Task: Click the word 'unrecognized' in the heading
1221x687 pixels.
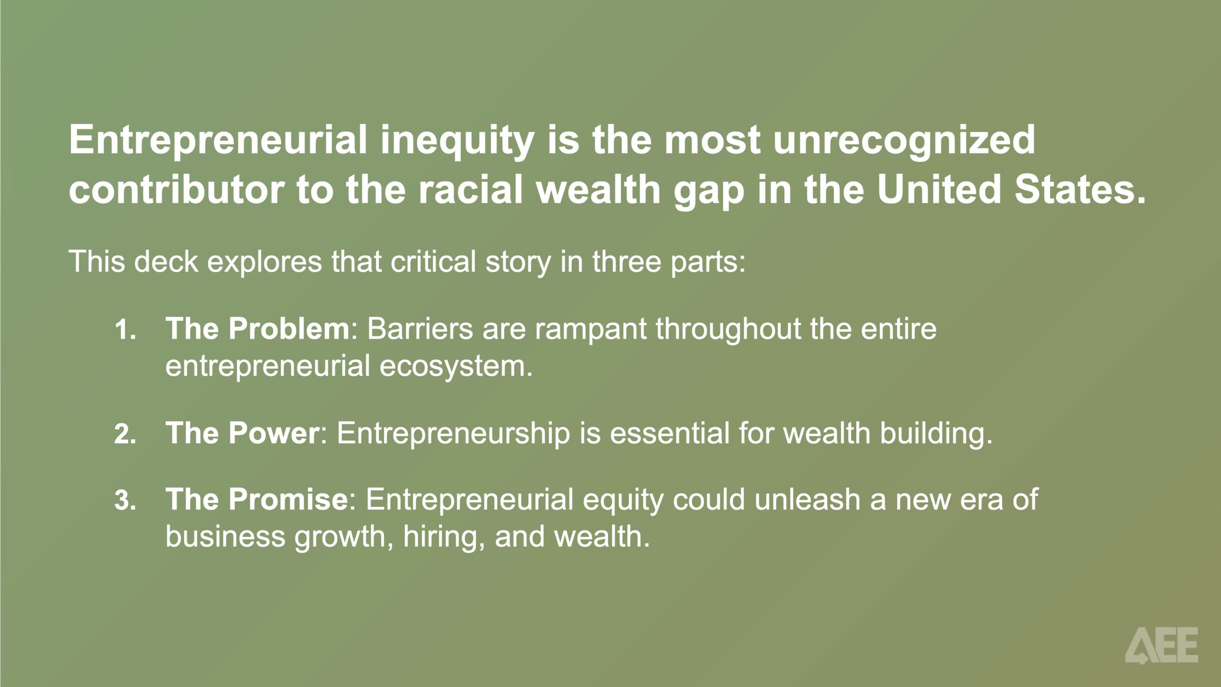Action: pyautogui.click(x=904, y=140)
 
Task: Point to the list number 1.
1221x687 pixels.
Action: pyautogui.click(x=125, y=330)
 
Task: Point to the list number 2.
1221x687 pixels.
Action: pyautogui.click(x=125, y=434)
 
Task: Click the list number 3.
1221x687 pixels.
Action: pyautogui.click(x=125, y=500)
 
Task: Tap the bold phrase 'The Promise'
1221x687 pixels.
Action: pyautogui.click(x=257, y=499)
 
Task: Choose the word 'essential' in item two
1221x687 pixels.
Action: pyautogui.click(x=670, y=433)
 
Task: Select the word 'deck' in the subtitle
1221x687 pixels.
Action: pyautogui.click(x=166, y=262)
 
